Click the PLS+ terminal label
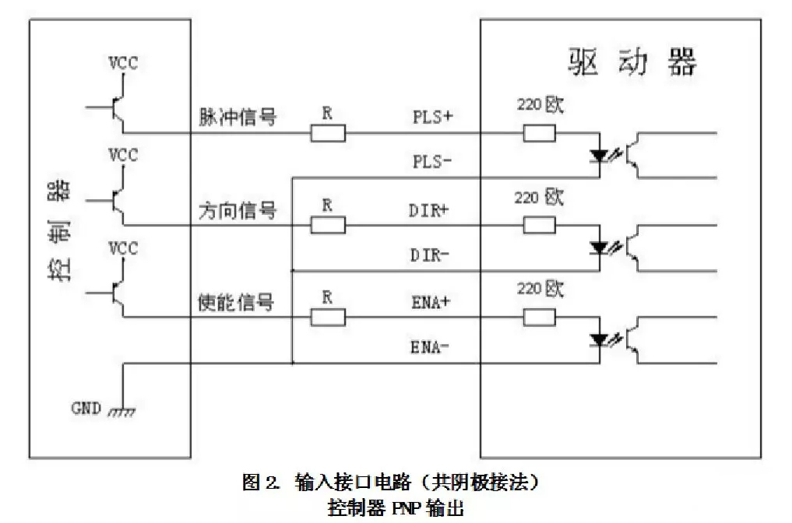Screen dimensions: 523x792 (432, 118)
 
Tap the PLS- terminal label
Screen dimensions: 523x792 (432, 163)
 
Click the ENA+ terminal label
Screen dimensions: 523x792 (431, 302)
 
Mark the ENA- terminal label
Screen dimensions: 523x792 (431, 346)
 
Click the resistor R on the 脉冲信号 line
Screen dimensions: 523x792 (329, 134)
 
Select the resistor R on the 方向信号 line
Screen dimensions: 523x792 (329, 226)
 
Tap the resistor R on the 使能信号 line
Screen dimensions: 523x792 (329, 317)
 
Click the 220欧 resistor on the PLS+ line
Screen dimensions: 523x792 (540, 134)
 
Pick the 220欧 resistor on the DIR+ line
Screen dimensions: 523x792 (540, 226)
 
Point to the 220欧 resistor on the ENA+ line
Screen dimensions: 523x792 (540, 317)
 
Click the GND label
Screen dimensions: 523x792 (86, 407)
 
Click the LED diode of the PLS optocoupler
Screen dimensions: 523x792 (599, 155)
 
